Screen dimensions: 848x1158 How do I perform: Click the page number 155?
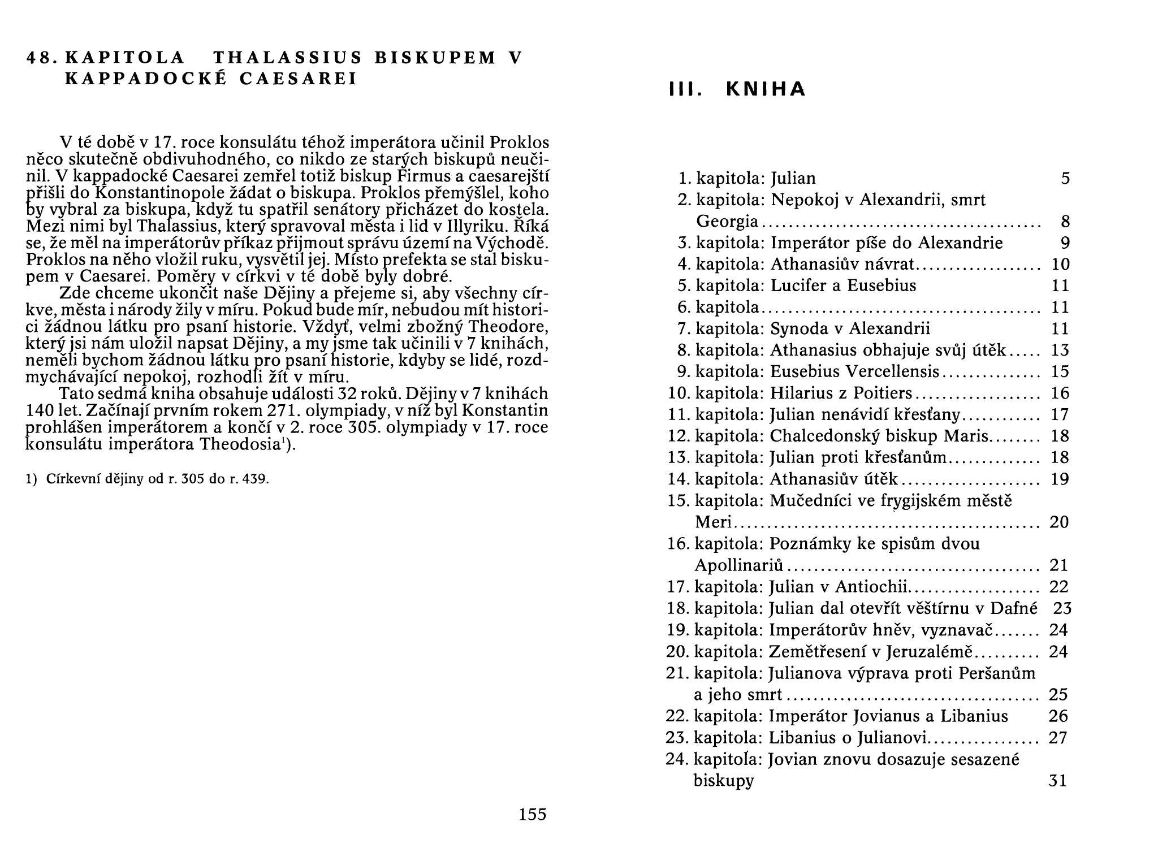[x=532, y=814]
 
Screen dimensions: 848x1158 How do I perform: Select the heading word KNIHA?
[x=765, y=89]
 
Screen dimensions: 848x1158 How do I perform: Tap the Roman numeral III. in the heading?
[x=685, y=89]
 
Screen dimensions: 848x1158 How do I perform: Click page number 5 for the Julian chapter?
[x=1065, y=179]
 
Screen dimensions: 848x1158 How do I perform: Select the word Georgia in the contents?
[x=727, y=222]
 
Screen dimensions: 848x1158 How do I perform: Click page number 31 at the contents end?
[x=1057, y=781]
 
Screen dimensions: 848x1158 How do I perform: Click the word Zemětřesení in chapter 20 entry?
[x=814, y=652]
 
